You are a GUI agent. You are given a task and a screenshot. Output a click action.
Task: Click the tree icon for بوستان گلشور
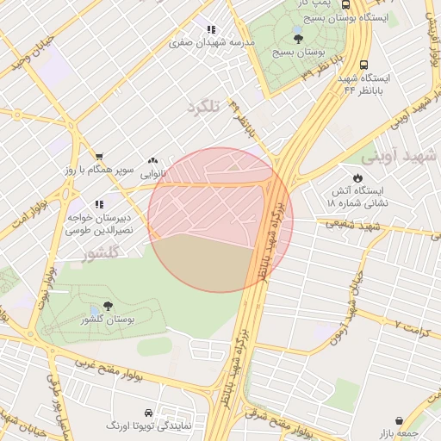[x=108, y=306]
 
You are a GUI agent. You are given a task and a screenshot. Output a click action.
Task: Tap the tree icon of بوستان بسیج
[x=298, y=38]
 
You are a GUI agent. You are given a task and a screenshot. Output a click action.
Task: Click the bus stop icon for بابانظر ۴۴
[x=364, y=65]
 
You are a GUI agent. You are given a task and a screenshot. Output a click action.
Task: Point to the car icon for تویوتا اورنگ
[x=149, y=412]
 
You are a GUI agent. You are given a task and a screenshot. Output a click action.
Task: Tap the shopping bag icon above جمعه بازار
[x=399, y=420]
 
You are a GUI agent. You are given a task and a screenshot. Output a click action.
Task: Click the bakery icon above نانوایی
[x=153, y=160]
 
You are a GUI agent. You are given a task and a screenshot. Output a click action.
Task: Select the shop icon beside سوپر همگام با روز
[x=99, y=157]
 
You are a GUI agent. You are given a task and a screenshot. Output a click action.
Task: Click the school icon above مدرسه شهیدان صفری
[x=211, y=28]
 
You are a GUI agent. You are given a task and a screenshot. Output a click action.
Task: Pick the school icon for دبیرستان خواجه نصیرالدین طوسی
[x=99, y=204]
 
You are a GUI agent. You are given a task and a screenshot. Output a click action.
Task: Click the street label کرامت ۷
[x=410, y=325]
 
